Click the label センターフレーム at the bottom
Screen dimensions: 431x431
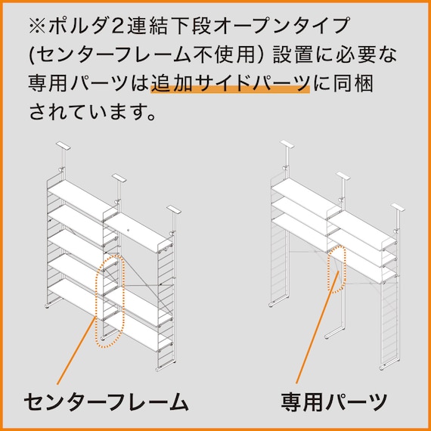tap(106, 401)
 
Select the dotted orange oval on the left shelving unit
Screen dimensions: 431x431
tap(108, 299)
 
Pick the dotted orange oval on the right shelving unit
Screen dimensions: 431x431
tap(336, 268)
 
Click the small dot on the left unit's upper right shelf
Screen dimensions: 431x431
tap(129, 227)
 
